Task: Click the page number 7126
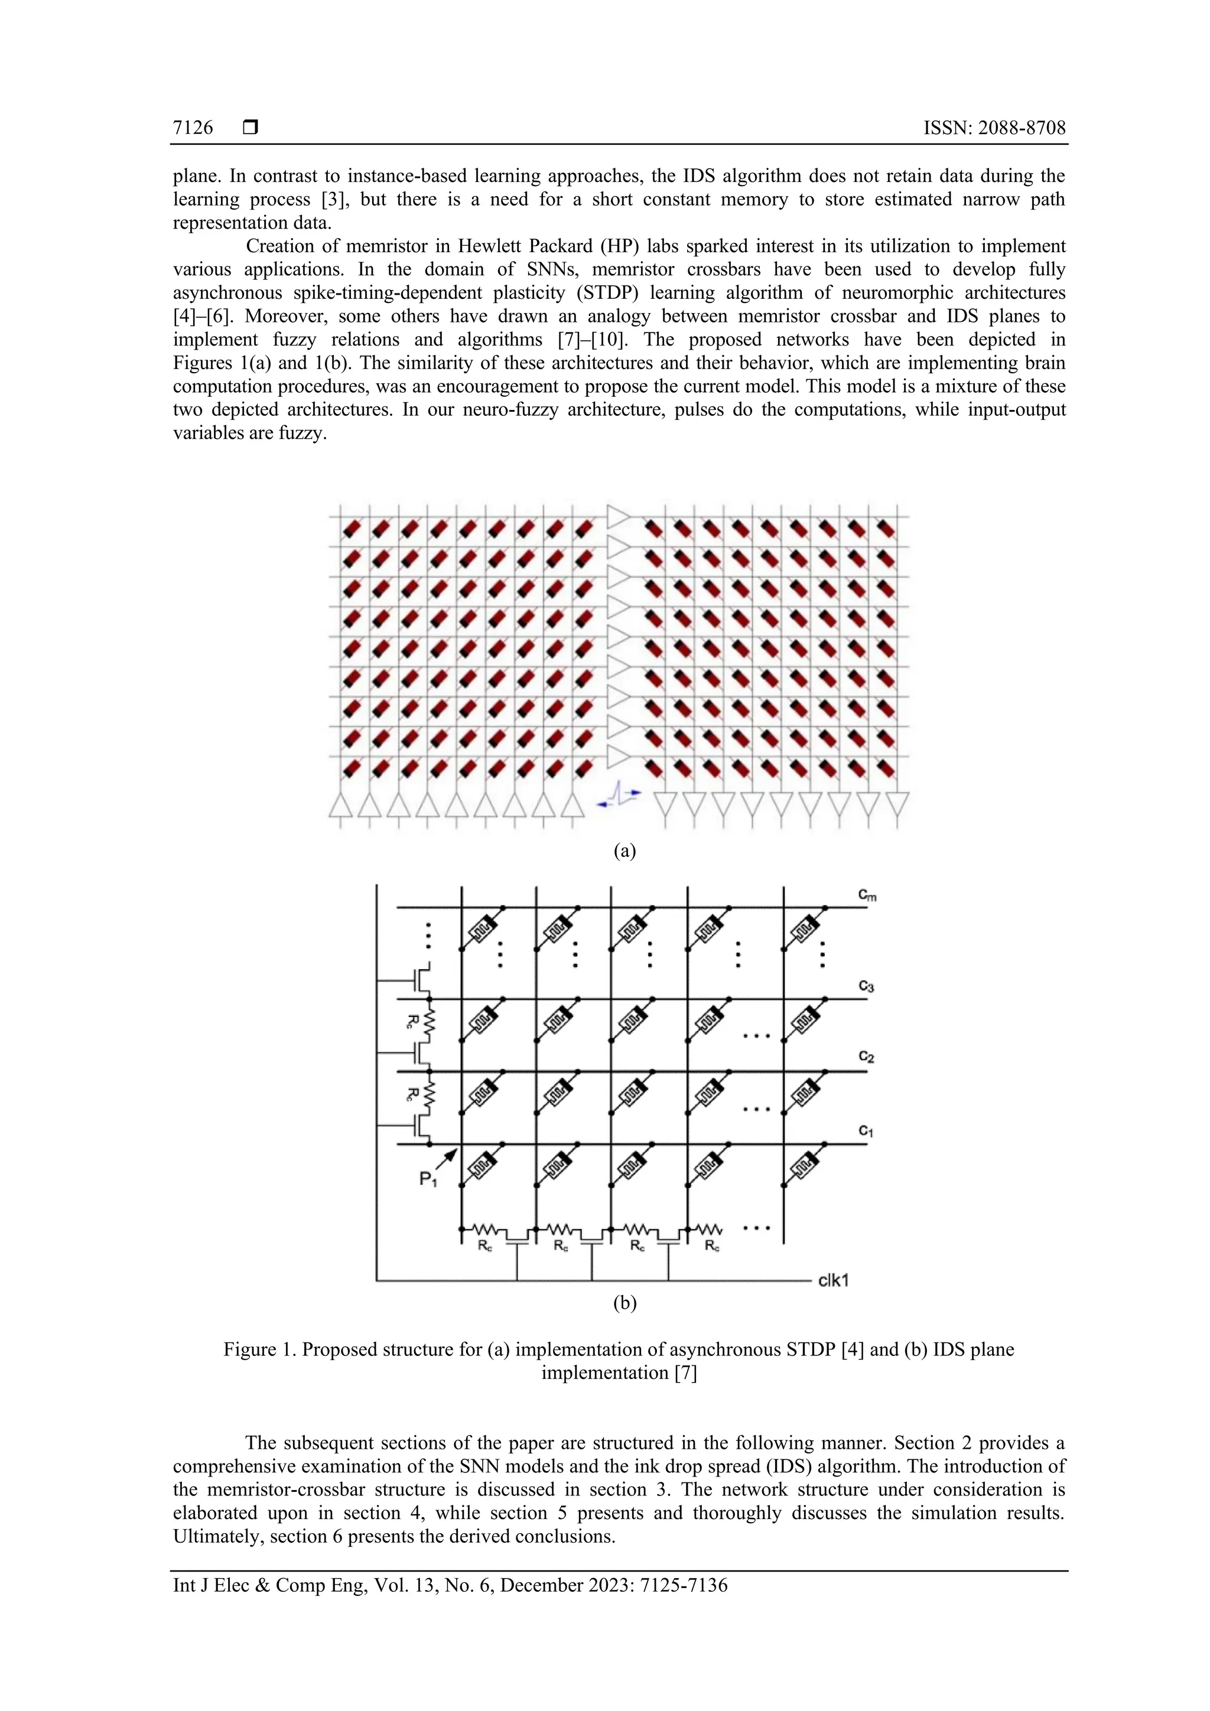[193, 128]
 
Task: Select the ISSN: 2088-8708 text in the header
[994, 128]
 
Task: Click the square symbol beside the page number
[251, 128]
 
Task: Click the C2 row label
[866, 1056]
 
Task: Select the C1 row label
[866, 1130]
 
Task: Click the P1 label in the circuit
[428, 1179]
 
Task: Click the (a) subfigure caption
[624, 850]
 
